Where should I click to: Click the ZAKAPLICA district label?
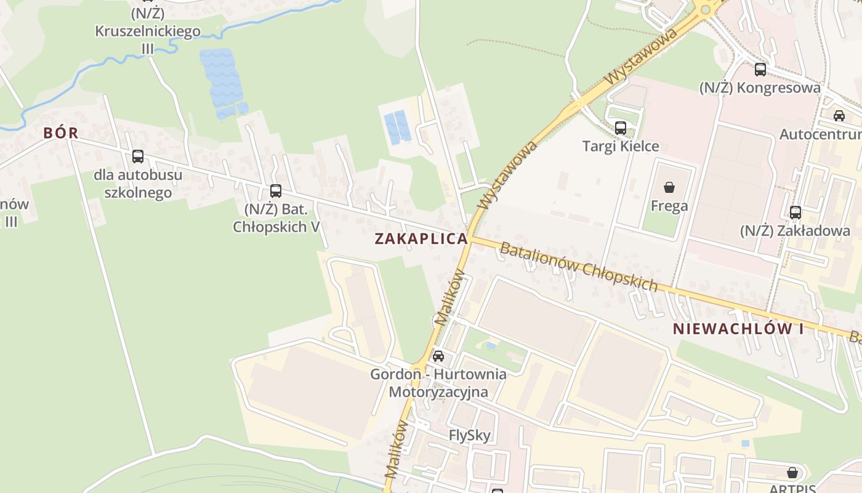click(x=421, y=239)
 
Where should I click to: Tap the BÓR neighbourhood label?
click(x=60, y=132)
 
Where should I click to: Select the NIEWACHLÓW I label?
click(x=738, y=328)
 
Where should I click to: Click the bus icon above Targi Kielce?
click(x=621, y=128)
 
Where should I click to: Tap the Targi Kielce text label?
click(x=621, y=147)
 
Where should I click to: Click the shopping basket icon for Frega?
click(x=669, y=187)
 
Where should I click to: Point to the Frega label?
click(x=669, y=206)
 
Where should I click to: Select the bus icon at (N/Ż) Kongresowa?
click(x=760, y=70)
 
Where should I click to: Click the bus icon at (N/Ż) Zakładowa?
click(x=796, y=213)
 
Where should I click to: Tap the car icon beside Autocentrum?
click(x=839, y=116)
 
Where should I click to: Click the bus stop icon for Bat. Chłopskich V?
click(x=276, y=191)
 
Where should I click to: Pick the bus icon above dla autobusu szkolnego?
click(x=138, y=157)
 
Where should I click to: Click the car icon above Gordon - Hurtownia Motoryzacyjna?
click(x=438, y=356)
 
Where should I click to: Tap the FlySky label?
click(x=470, y=436)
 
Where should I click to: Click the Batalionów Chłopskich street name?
click(x=579, y=267)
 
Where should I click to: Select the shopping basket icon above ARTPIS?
click(x=792, y=473)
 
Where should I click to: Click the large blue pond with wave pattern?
click(x=222, y=80)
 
